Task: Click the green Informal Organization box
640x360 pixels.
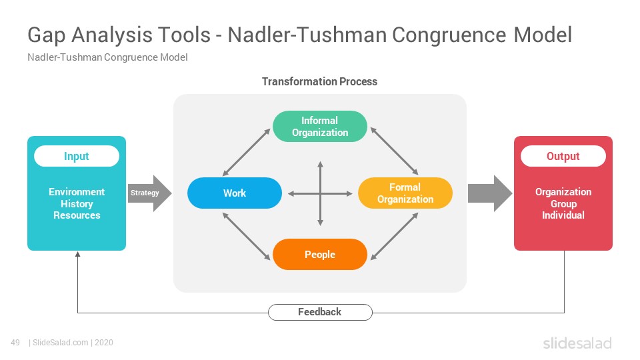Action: [x=319, y=127]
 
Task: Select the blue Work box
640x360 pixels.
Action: [x=235, y=193]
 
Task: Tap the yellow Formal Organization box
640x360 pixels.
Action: [x=405, y=193]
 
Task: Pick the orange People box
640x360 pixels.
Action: [x=319, y=254]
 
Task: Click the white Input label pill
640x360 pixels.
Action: [x=77, y=156]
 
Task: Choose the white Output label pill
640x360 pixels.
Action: [x=563, y=156]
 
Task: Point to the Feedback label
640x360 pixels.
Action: [x=320, y=312]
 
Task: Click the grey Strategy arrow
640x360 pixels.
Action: [x=150, y=193]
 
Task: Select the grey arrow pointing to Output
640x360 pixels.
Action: [x=490, y=193]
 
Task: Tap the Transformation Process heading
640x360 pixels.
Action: [x=319, y=81]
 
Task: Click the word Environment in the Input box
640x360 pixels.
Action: [x=77, y=192]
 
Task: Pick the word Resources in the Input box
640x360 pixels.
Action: [x=77, y=215]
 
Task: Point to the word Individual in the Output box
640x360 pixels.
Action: [x=563, y=215]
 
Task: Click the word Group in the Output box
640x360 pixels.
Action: [x=564, y=204]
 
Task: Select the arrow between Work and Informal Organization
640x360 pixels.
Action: [x=246, y=152]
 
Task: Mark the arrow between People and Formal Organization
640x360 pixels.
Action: [x=394, y=236]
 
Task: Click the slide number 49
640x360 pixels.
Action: [x=15, y=343]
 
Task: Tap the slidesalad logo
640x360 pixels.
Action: [x=577, y=343]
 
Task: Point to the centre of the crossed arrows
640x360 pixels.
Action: [x=321, y=193]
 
